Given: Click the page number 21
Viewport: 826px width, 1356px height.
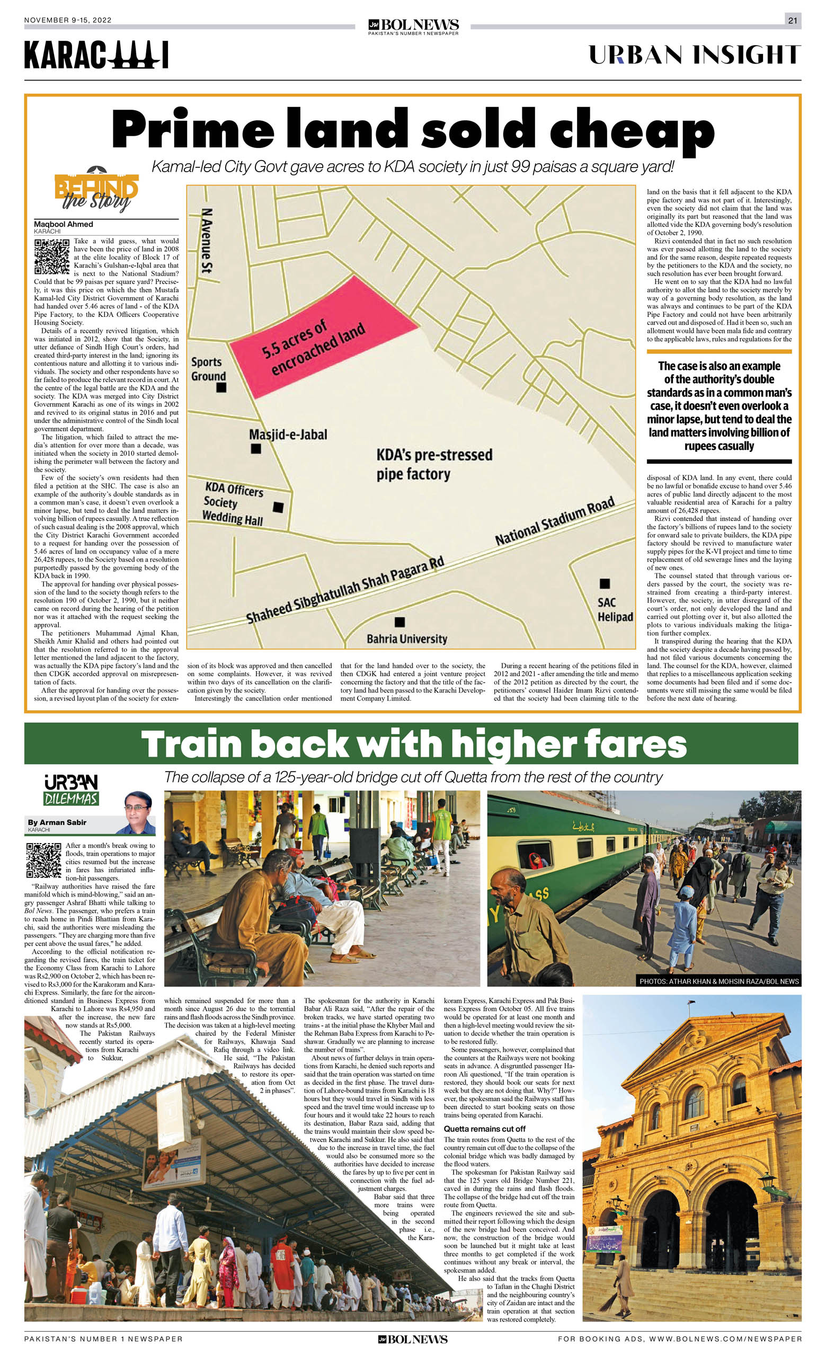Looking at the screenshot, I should pyautogui.click(x=793, y=20).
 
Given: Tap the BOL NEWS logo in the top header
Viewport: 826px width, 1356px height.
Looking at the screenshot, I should pyautogui.click(x=413, y=26).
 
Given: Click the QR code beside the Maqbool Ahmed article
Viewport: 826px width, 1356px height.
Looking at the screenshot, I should pyautogui.click(x=52, y=256).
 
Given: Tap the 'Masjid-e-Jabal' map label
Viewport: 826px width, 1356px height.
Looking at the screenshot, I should pyautogui.click(x=288, y=435).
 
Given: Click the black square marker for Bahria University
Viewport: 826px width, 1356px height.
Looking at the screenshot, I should pyautogui.click(x=400, y=622).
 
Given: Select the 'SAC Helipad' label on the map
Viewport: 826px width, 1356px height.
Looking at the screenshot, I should pyautogui.click(x=615, y=609).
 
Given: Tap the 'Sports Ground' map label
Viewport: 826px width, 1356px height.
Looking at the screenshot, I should pyautogui.click(x=208, y=369).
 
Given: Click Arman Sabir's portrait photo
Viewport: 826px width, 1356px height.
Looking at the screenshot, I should pyautogui.click(x=138, y=813).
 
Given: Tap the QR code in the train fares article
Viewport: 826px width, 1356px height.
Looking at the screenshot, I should pyautogui.click(x=43, y=859).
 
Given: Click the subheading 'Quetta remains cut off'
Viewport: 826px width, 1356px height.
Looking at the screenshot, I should pyautogui.click(x=484, y=1129).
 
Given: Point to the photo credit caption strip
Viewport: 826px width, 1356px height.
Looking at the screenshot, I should pyautogui.click(x=718, y=981).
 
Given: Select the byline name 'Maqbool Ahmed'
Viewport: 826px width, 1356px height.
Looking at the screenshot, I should pyautogui.click(x=63, y=224).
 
